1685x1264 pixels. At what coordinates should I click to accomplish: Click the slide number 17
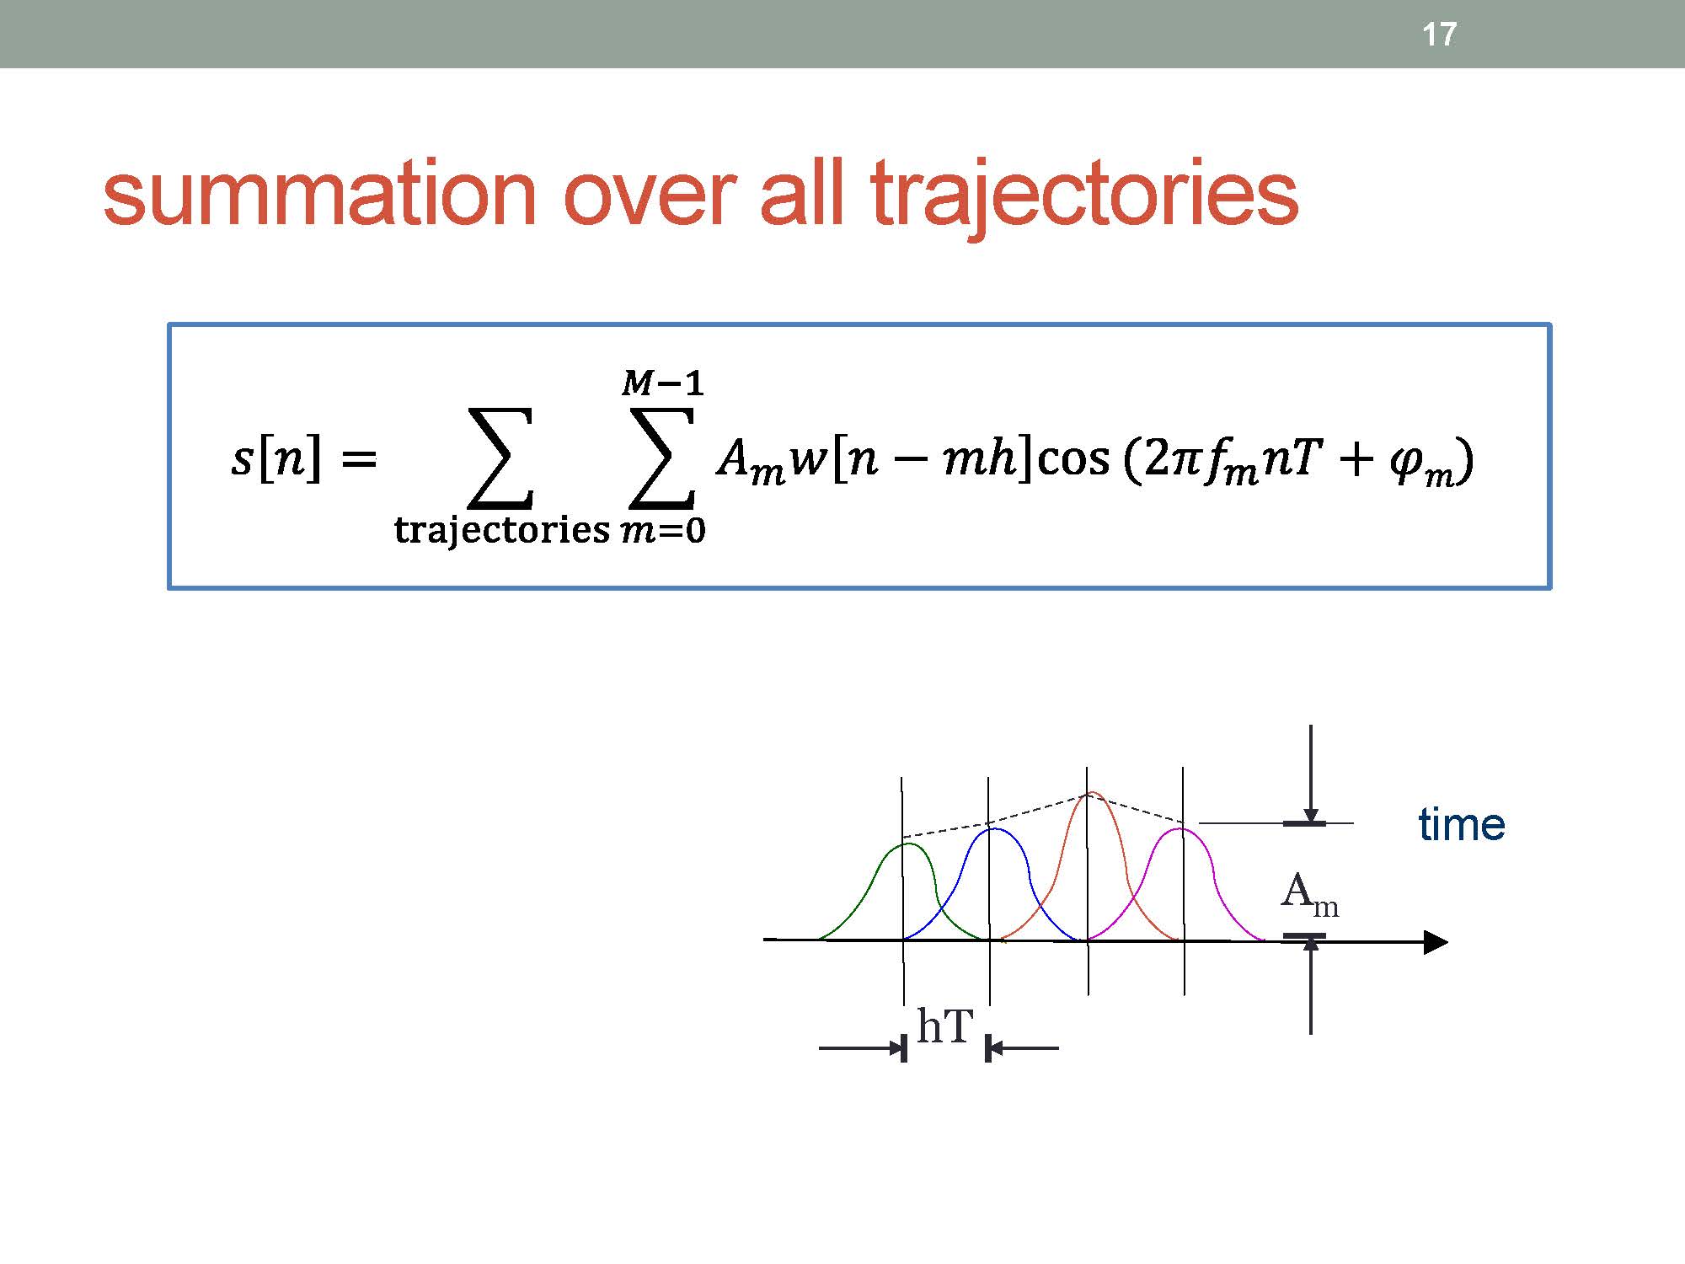click(1439, 35)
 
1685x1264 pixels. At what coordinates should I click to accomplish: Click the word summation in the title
click(319, 195)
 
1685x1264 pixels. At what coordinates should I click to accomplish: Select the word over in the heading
click(649, 203)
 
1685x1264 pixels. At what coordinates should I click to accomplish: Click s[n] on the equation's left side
click(276, 460)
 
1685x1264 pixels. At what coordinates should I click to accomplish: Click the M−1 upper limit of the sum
click(662, 384)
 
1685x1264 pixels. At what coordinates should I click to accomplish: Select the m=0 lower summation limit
click(662, 531)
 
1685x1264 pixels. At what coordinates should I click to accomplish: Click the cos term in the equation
click(1073, 460)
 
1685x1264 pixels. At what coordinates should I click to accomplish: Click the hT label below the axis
click(944, 1027)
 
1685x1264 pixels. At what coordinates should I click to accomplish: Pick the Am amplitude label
click(1309, 894)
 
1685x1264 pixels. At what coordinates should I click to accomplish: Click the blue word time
click(1461, 824)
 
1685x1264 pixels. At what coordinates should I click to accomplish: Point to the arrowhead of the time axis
click(1436, 942)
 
